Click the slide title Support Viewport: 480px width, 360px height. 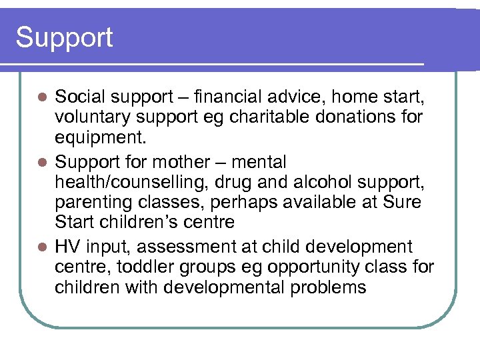64,37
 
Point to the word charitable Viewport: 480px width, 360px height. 264,117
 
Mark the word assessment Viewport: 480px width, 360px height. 182,247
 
